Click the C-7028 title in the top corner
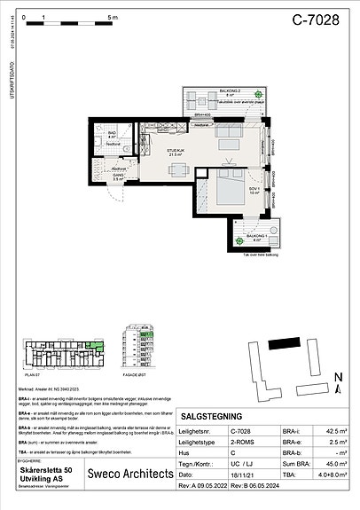pos(316,21)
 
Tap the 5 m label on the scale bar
pos(112,17)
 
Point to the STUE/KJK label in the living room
pos(176,152)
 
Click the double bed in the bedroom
pos(226,189)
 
